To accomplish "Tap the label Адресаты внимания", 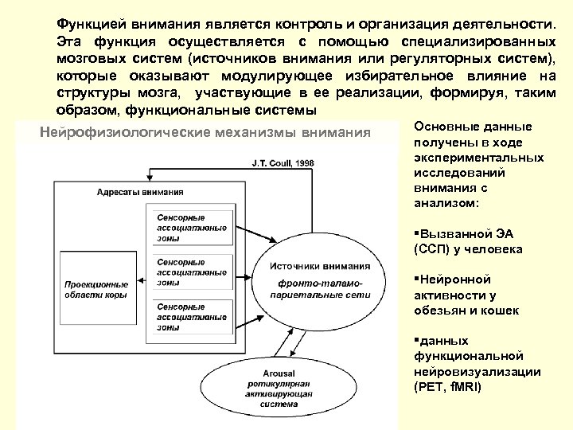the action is pos(140,192).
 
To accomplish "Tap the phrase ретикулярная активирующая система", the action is pos(278,393).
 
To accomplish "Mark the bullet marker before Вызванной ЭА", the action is pos(417,235).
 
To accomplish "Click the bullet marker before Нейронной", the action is pos(417,280).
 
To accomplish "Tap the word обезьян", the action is pos(441,310).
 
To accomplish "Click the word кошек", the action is pos(501,310).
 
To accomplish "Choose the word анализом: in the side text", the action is pos(446,203).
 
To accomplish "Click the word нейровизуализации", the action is pos(477,372).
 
